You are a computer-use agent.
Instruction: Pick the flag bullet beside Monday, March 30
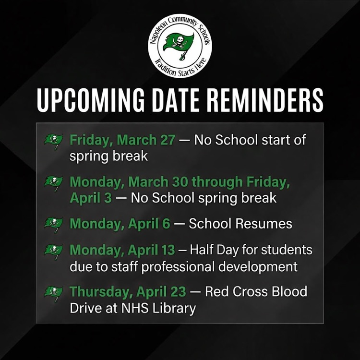pyautogui.click(x=54, y=183)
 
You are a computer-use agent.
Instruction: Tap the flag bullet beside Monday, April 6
pyautogui.click(x=54, y=224)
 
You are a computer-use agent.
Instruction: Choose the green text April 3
pyautogui.click(x=90, y=198)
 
